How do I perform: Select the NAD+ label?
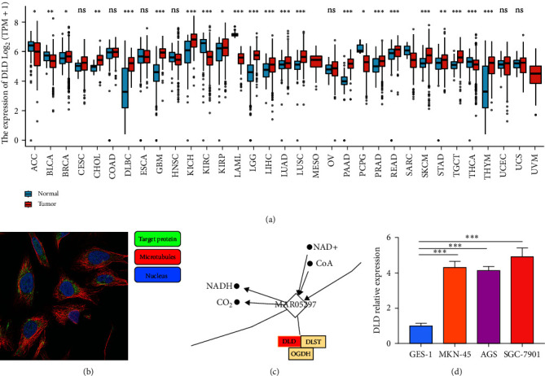pyautogui.click(x=321, y=247)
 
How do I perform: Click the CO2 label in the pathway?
pyautogui.click(x=222, y=303)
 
